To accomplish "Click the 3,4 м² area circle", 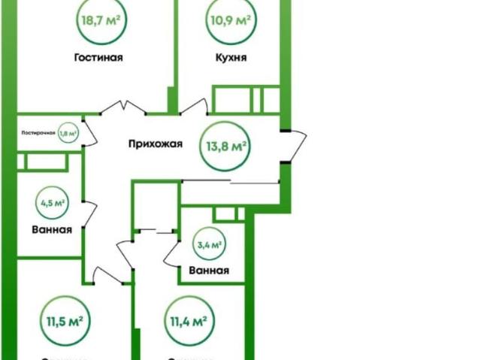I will [209, 244].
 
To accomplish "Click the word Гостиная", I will [98, 57].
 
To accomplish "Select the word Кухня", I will [231, 57].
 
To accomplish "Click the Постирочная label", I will [38, 133].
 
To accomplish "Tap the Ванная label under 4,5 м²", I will [53, 230].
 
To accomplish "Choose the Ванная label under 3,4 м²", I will [209, 271].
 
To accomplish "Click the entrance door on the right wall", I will [294, 146].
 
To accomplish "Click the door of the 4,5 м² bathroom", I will [89, 213].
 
